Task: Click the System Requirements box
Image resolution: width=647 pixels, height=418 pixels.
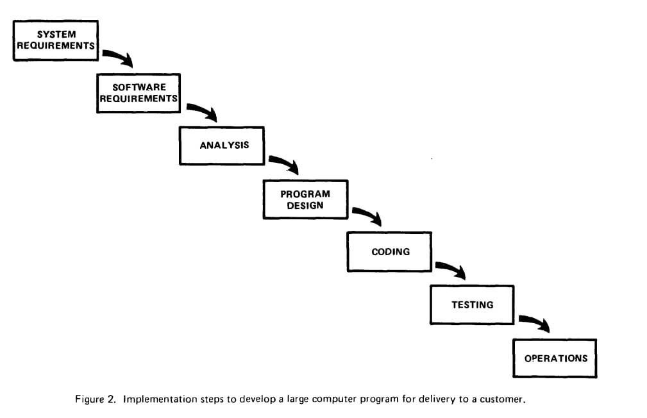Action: pyautogui.click(x=56, y=40)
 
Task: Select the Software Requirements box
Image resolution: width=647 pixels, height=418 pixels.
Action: pyautogui.click(x=139, y=93)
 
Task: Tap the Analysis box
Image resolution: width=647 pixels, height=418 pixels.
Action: pyautogui.click(x=222, y=146)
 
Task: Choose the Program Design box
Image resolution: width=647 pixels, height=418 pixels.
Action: pyautogui.click(x=306, y=199)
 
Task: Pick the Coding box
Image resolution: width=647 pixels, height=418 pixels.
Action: pyautogui.click(x=389, y=252)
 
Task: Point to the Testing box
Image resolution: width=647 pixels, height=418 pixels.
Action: pyautogui.click(x=472, y=305)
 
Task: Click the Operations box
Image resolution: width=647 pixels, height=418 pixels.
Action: pyautogui.click(x=555, y=358)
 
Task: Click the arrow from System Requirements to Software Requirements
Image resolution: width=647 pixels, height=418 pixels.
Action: pyautogui.click(x=120, y=56)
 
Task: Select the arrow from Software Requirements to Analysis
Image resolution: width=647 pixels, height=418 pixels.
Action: pyautogui.click(x=204, y=110)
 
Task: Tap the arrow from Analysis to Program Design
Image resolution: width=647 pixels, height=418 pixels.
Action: pyautogui.click(x=286, y=162)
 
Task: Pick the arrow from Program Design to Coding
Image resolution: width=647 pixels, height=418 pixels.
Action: pyautogui.click(x=369, y=214)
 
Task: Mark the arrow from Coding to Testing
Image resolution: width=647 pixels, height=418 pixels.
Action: pyautogui.click(x=453, y=268)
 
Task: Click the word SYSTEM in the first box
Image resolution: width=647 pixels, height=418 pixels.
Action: pyautogui.click(x=56, y=34)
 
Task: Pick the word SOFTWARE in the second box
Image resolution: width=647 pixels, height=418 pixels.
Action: pyautogui.click(x=139, y=87)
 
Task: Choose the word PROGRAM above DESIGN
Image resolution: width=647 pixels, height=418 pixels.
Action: pyautogui.click(x=305, y=194)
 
